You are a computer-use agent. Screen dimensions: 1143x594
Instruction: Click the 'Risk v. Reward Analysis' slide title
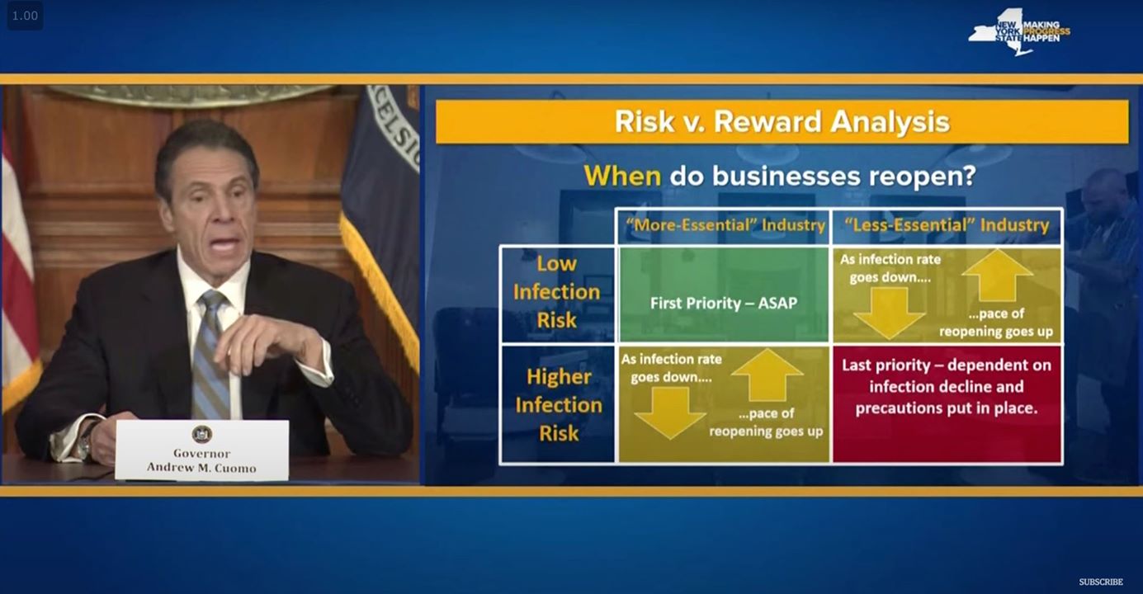782,121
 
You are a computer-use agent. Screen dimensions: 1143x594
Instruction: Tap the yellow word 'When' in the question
622,176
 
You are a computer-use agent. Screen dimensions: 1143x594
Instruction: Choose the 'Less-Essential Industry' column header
947,225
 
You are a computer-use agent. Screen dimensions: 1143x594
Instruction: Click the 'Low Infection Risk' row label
557,292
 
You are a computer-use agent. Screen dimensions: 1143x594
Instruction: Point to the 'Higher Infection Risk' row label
559,405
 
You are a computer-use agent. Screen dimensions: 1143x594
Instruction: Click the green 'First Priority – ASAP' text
724,303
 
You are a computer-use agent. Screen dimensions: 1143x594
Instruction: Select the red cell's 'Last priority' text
947,386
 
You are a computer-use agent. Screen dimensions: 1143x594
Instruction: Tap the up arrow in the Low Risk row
998,276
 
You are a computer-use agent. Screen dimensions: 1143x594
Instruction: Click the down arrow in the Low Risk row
890,313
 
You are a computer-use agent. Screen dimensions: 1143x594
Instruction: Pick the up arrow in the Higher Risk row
767,375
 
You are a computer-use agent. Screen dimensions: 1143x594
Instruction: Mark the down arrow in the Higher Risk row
670,412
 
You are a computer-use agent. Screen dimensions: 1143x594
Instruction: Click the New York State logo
1019,31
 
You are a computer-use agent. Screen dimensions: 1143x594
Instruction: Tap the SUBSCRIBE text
1101,582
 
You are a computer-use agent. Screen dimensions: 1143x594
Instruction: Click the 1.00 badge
25,16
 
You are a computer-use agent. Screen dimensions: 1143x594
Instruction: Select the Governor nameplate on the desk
202,450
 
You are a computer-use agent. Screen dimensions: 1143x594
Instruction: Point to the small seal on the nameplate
202,434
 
